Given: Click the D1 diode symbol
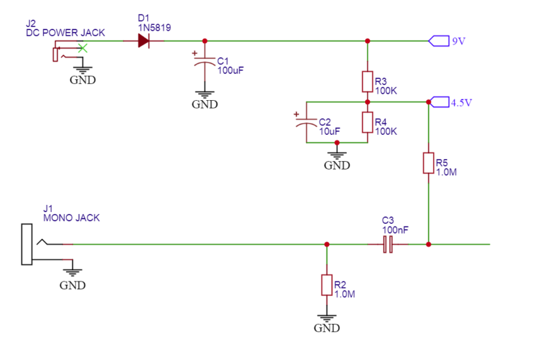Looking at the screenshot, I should tap(143, 41).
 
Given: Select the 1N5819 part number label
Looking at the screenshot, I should tap(154, 27).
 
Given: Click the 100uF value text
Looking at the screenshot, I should tap(231, 70).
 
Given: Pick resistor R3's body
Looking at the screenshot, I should tap(367, 82).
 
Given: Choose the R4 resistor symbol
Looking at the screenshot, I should tap(367, 122).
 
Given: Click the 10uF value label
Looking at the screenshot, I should tap(330, 131).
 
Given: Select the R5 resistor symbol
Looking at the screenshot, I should tap(428, 163).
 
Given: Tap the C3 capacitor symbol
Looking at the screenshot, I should tap(388, 244).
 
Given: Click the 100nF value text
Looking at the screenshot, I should tap(395, 229).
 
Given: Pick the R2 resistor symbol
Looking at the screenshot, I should tap(327, 284).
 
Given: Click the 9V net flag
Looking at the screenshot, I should tap(439, 41).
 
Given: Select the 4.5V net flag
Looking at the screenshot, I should tap(438, 102).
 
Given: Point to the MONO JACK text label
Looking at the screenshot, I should tap(71, 218).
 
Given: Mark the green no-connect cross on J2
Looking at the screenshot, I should tap(83, 48).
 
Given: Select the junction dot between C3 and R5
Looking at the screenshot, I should tap(428, 244).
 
